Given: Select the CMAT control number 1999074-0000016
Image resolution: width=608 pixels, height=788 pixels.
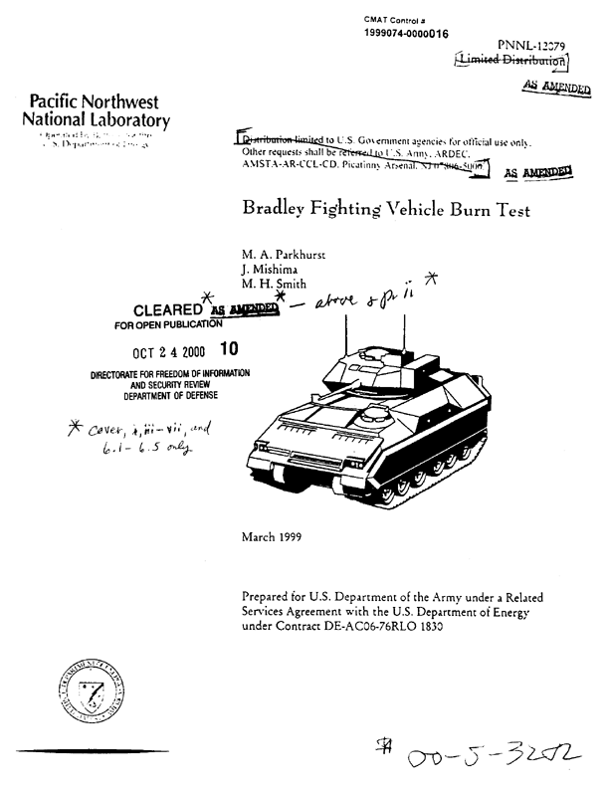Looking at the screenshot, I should click(x=407, y=34).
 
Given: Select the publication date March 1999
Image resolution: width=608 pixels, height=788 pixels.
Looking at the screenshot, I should click(x=274, y=537).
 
